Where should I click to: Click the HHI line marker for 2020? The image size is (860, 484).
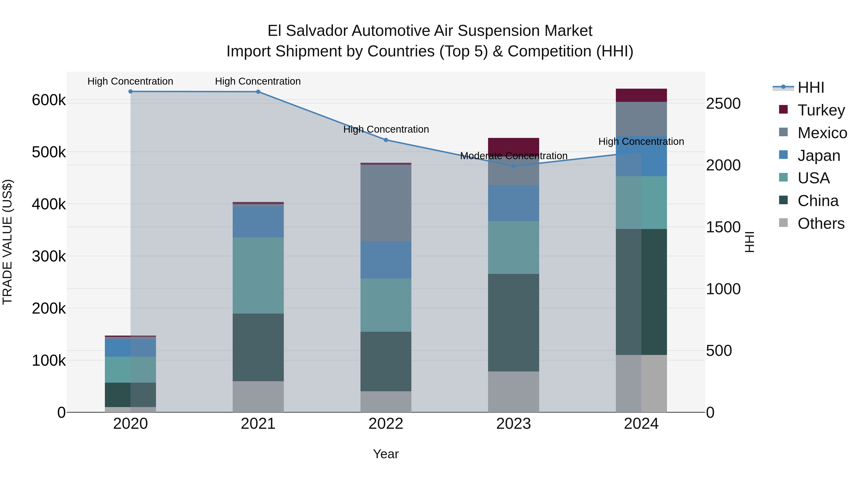[x=130, y=92]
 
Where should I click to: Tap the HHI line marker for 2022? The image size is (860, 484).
[x=386, y=140]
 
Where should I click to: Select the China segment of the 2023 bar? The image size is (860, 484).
[x=513, y=322]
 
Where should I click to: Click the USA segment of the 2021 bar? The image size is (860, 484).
[x=258, y=275]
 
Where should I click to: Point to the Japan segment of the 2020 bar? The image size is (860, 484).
[x=130, y=348]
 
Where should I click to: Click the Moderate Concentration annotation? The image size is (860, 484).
[x=513, y=156]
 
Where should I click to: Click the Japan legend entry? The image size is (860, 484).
[x=819, y=156]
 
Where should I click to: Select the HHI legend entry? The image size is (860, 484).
[x=811, y=87]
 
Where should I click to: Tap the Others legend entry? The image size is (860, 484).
[x=821, y=223]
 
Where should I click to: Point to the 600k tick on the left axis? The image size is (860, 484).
[x=49, y=100]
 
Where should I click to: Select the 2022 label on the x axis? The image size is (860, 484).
[x=386, y=424]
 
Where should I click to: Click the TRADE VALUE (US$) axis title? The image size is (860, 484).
[x=7, y=242]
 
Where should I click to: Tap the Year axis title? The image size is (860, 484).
[x=386, y=454]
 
